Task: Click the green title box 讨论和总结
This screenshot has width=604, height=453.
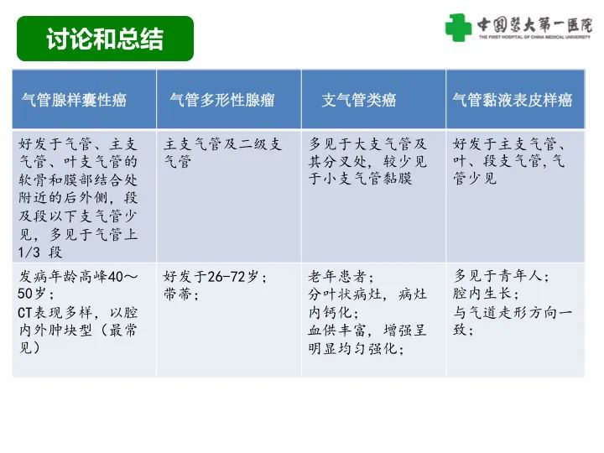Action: tap(105, 39)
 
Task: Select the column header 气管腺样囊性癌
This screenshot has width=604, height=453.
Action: tap(74, 101)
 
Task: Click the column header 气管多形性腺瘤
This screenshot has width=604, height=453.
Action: tap(221, 101)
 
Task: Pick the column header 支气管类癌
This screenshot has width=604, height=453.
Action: tap(358, 101)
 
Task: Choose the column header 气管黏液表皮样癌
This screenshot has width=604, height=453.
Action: tap(512, 101)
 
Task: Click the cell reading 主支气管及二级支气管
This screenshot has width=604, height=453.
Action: tap(222, 152)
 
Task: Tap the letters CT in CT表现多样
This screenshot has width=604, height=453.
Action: tap(25, 312)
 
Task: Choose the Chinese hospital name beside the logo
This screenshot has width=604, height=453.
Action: tap(533, 23)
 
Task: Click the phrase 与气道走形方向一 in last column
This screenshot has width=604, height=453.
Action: tap(513, 312)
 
